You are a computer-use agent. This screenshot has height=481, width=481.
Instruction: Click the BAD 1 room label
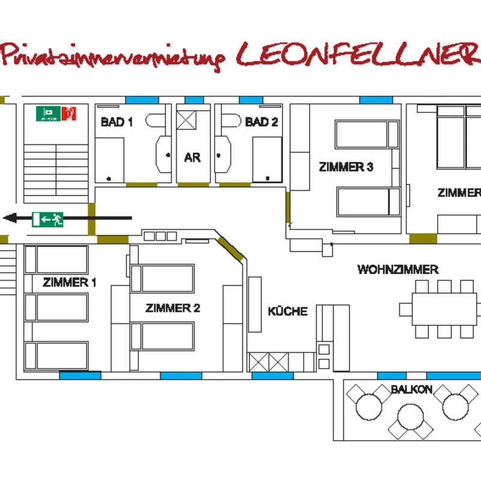click(x=117, y=122)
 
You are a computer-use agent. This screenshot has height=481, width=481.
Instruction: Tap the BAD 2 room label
click(x=262, y=122)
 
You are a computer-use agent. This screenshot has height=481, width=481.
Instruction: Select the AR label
click(x=192, y=158)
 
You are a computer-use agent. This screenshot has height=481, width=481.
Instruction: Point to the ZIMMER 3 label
click(x=346, y=167)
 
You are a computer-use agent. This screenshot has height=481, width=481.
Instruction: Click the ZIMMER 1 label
click(x=69, y=282)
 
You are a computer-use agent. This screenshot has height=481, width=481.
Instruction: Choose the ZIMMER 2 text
click(x=173, y=308)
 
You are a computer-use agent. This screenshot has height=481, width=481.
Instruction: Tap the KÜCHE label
click(x=288, y=311)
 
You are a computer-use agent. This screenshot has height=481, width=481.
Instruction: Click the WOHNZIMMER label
click(x=398, y=269)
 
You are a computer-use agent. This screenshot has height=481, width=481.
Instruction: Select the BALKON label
click(x=411, y=390)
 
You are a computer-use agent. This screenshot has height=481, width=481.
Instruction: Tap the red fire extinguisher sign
click(x=69, y=114)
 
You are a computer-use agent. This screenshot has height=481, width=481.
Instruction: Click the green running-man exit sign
click(x=47, y=219)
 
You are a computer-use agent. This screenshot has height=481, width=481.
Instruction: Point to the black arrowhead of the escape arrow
click(x=10, y=218)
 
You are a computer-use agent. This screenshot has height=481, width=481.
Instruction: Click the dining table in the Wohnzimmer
click(x=444, y=309)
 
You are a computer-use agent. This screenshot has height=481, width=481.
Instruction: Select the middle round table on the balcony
click(x=411, y=417)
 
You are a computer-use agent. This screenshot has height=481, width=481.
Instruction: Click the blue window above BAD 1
click(x=142, y=100)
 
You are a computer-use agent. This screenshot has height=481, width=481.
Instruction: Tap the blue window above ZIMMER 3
click(x=376, y=100)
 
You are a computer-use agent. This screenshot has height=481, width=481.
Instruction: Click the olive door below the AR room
click(x=194, y=185)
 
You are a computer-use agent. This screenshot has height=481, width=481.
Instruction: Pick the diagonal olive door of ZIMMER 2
click(x=230, y=248)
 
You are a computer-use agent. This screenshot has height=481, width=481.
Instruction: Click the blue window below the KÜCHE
click(x=273, y=376)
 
